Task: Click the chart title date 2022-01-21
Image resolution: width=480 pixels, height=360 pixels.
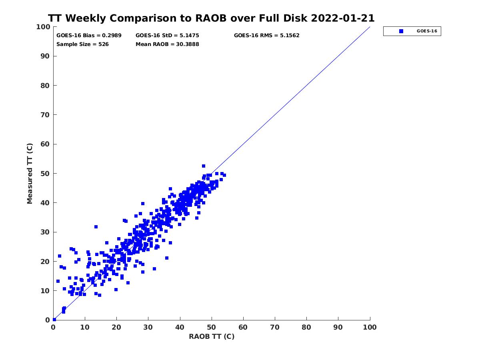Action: point(343,18)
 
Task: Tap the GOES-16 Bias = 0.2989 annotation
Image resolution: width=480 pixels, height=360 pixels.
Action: point(89,36)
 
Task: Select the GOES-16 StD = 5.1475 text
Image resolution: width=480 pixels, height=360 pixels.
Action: point(167,36)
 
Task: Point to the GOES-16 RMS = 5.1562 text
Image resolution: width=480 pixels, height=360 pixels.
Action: point(266,36)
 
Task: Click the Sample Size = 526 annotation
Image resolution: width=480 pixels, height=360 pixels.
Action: point(82,44)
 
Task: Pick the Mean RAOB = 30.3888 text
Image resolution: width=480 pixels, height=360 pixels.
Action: point(167,44)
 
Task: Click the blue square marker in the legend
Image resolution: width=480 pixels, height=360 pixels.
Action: point(401,31)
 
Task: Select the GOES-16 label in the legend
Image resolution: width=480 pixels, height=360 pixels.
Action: point(427,31)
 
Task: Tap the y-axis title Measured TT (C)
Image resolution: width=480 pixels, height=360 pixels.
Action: point(30,174)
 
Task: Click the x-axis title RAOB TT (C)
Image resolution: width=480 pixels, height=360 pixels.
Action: point(212,336)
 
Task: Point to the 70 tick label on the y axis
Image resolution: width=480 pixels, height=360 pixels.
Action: point(45,115)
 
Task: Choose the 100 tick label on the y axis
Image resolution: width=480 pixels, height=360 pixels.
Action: point(43,27)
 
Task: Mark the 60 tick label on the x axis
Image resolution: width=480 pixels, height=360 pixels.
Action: point(243,327)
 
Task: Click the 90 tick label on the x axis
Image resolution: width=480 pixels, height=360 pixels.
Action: point(338,327)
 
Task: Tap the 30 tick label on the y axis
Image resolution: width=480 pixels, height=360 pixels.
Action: point(45,232)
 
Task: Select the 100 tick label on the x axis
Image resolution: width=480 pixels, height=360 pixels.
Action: point(370,327)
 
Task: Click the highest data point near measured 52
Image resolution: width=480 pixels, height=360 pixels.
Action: point(204,166)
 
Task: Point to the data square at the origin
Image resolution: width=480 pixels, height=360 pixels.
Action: point(54,320)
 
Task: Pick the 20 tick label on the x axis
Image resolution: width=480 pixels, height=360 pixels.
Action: point(116,327)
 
